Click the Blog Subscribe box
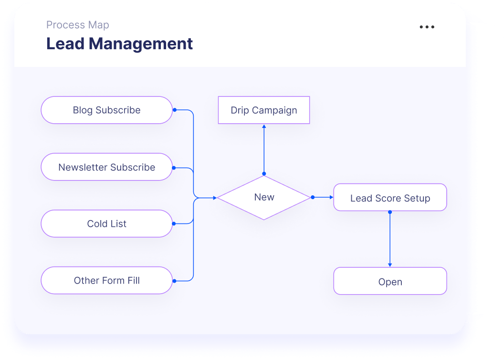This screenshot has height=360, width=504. pyautogui.click(x=106, y=110)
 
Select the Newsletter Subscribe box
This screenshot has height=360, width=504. pyautogui.click(x=106, y=167)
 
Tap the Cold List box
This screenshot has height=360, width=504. pyautogui.click(x=106, y=224)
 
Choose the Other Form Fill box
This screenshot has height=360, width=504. pyautogui.click(x=106, y=281)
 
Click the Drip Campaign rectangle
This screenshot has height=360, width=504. pyautogui.click(x=264, y=110)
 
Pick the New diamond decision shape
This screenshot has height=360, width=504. pyautogui.click(x=264, y=198)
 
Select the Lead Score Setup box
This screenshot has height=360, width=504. pyautogui.click(x=390, y=198)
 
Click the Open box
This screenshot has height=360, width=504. pyautogui.click(x=390, y=281)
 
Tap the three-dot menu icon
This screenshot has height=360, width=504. pyautogui.click(x=427, y=27)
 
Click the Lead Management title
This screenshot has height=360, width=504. pyautogui.click(x=119, y=44)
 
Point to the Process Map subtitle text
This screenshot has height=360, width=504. pyautogui.click(x=77, y=25)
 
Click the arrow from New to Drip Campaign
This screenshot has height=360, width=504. pyautogui.click(x=264, y=148)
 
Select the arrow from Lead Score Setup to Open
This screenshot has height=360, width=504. pyautogui.click(x=390, y=239)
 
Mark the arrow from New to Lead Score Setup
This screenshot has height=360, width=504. pyautogui.click(x=324, y=197)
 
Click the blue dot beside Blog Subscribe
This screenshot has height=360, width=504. pyautogui.click(x=175, y=110)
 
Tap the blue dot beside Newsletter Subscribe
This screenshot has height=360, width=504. pyautogui.click(x=174, y=168)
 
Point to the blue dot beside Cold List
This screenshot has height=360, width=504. pyautogui.click(x=174, y=223)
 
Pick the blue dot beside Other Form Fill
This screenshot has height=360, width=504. pyautogui.click(x=174, y=281)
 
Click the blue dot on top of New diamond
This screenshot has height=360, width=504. pyautogui.click(x=264, y=174)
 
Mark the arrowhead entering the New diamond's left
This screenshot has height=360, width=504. pyautogui.click(x=214, y=197)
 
